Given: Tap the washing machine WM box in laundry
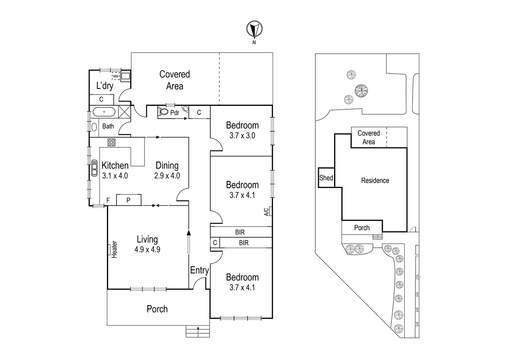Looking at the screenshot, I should (116, 76).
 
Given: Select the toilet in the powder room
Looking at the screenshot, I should (163, 112).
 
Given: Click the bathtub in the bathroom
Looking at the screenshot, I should (104, 112).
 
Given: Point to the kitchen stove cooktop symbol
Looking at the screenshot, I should (111, 142).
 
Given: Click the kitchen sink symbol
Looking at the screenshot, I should (94, 168).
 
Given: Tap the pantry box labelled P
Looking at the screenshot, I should (129, 200).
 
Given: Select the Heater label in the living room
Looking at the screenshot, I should (114, 249).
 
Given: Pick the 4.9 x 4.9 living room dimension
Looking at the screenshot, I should (147, 249).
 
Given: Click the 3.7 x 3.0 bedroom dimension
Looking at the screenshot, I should (242, 136).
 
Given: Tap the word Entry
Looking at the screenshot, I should (199, 270).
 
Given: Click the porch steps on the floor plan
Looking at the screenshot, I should (198, 332).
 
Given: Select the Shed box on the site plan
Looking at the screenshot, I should (326, 178).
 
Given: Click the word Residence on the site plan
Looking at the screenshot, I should (375, 181).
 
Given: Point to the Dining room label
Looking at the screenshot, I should (167, 165).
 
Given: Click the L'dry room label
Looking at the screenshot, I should (105, 86).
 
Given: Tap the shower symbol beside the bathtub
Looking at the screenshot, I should (124, 111).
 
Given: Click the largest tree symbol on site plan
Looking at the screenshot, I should (361, 90).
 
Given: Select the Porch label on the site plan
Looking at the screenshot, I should (362, 228).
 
